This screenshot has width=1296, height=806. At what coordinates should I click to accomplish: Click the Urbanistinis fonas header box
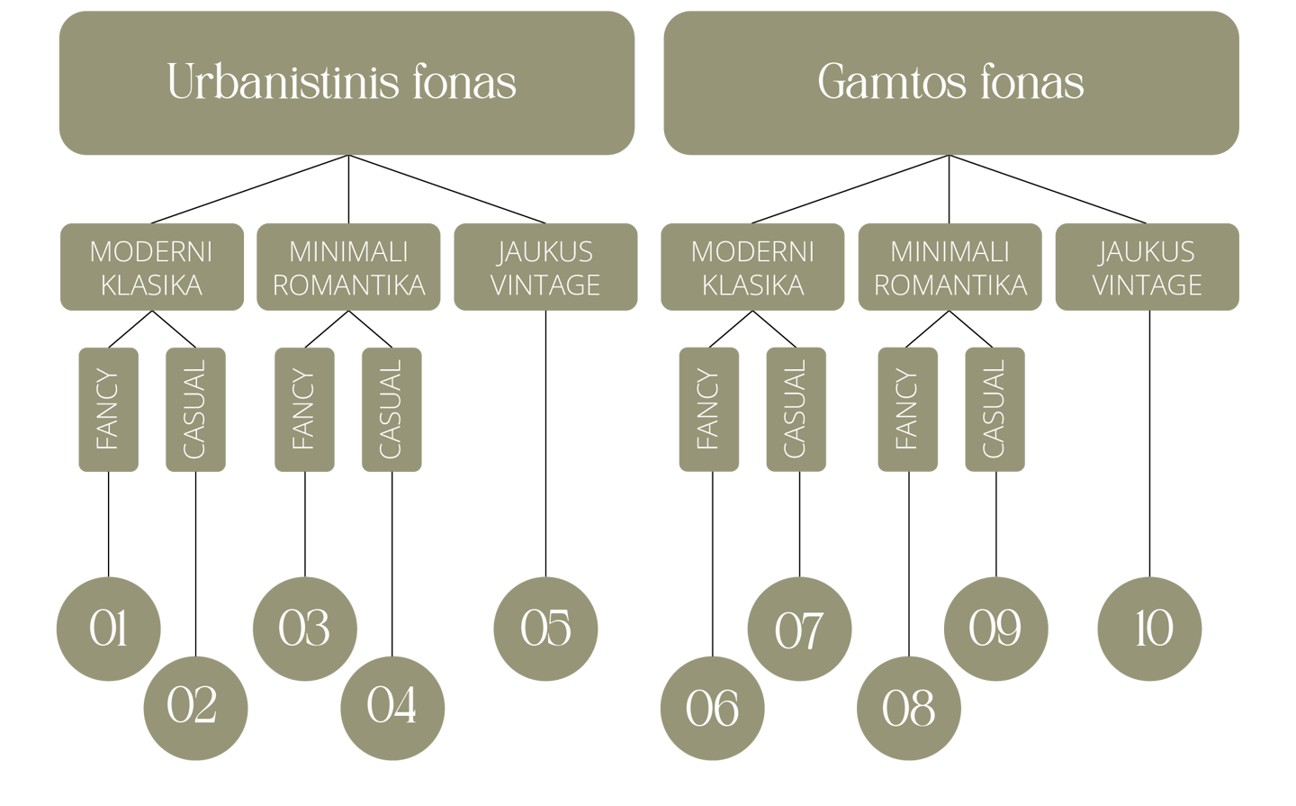[346, 83]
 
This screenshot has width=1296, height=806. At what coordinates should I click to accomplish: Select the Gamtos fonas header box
[951, 83]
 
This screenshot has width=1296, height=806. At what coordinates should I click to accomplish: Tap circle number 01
[108, 628]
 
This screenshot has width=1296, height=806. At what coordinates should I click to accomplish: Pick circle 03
[304, 628]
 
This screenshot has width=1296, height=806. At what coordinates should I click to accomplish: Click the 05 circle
[545, 628]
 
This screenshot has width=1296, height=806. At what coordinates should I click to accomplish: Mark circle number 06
[712, 708]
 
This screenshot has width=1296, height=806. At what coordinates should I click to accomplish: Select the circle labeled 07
[799, 629]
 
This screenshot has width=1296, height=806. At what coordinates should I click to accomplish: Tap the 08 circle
[908, 708]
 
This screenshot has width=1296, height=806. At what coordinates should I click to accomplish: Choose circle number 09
[994, 628]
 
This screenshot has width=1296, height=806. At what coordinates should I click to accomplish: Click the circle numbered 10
[1149, 628]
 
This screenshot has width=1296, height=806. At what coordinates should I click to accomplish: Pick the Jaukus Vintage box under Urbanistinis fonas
[545, 267]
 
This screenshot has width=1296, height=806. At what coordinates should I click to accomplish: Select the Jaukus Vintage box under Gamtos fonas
[1147, 267]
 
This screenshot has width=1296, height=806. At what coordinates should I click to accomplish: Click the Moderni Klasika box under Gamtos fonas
[752, 267]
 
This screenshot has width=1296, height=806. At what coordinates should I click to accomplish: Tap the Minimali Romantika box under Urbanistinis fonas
[348, 267]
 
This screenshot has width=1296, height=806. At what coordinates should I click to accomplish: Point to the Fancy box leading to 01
[108, 409]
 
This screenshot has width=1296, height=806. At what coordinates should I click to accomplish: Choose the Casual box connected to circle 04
[391, 409]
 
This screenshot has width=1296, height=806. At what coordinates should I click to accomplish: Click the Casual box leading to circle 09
[994, 409]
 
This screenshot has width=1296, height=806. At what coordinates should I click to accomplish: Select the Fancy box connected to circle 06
[708, 409]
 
